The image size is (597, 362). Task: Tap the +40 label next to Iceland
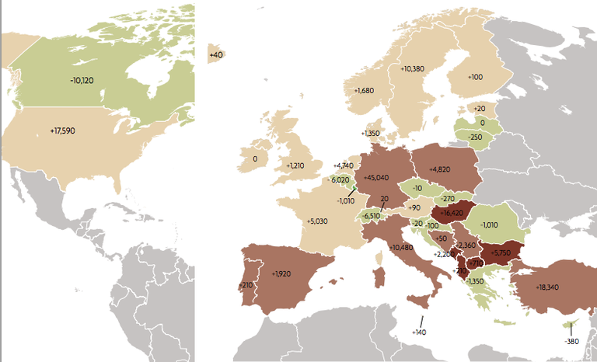coord(216,54)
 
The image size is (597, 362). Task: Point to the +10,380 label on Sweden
coord(412,69)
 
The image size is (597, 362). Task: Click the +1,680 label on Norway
coord(364,91)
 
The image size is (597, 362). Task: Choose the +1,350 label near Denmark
coord(371,134)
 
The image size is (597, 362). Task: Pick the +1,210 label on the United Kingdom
coord(295,165)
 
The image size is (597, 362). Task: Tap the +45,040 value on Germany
coord(376,178)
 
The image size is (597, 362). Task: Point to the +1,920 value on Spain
coord(281,273)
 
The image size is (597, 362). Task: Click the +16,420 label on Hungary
coord(452,211)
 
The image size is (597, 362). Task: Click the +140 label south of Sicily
coord(420,332)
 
